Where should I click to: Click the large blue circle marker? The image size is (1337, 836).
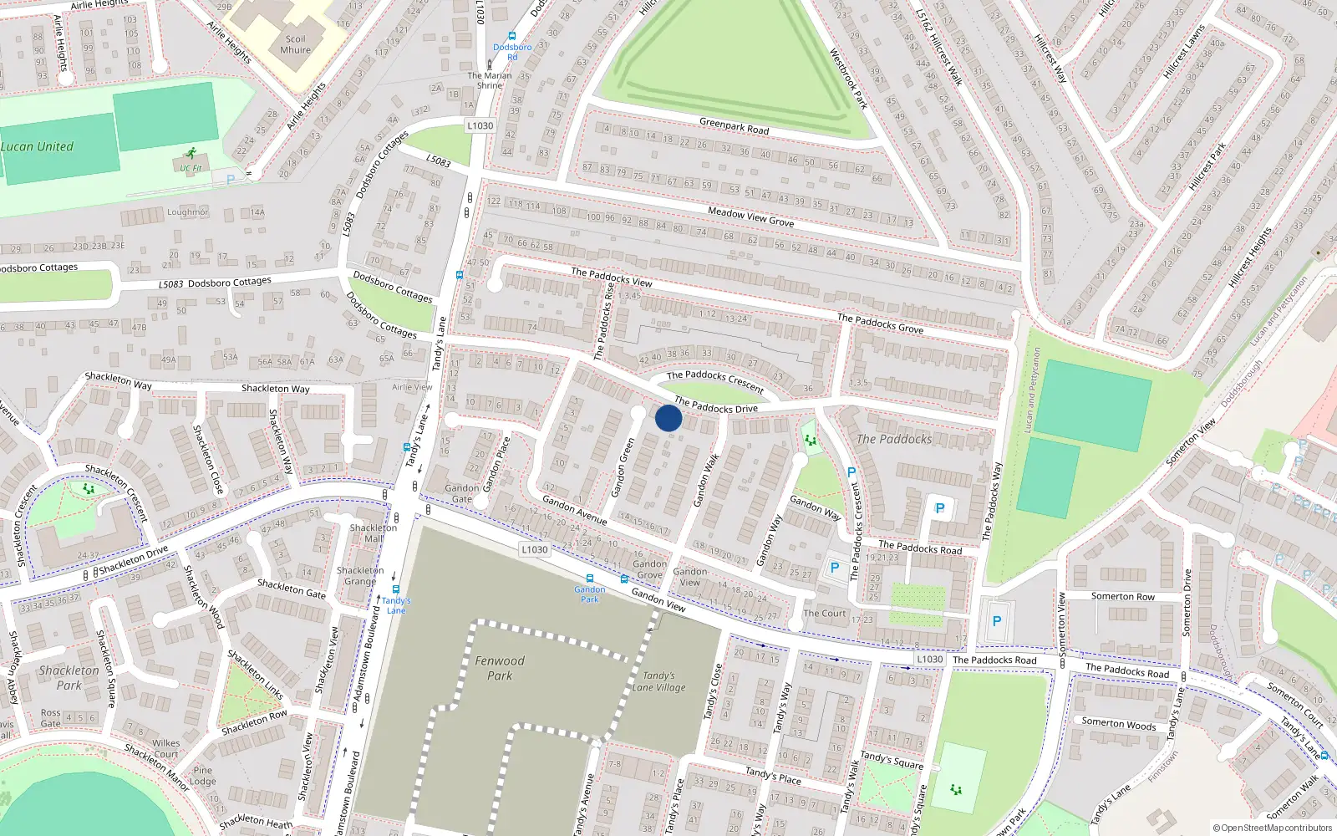pyautogui.click(x=668, y=418)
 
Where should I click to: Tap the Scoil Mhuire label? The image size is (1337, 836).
pyautogui.click(x=296, y=44)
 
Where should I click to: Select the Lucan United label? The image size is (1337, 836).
pyautogui.click(x=37, y=146)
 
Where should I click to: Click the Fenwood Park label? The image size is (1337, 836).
pyautogui.click(x=500, y=668)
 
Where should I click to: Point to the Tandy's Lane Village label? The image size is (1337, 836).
pyautogui.click(x=658, y=681)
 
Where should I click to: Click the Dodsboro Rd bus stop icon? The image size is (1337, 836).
pyautogui.click(x=512, y=37)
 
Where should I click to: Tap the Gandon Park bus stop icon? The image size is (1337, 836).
pyautogui.click(x=590, y=579)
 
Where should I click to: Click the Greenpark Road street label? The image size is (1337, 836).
pyautogui.click(x=734, y=126)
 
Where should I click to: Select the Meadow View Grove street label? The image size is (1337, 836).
pyautogui.click(x=750, y=217)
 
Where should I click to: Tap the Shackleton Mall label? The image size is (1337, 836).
pyautogui.click(x=374, y=533)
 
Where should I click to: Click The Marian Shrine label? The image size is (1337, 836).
pyautogui.click(x=490, y=80)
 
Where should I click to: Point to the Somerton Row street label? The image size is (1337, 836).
pyautogui.click(x=1122, y=596)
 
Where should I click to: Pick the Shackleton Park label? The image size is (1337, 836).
pyautogui.click(x=69, y=677)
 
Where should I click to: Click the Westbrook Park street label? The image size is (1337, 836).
pyautogui.click(x=848, y=79)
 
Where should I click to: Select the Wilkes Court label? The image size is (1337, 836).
pyautogui.click(x=165, y=748)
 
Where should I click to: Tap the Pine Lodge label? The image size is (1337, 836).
pyautogui.click(x=202, y=776)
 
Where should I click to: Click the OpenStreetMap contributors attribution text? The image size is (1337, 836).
pyautogui.click(x=1273, y=828)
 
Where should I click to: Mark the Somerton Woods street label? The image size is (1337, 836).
pyautogui.click(x=1118, y=723)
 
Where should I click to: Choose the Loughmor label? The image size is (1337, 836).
pyautogui.click(x=187, y=212)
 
